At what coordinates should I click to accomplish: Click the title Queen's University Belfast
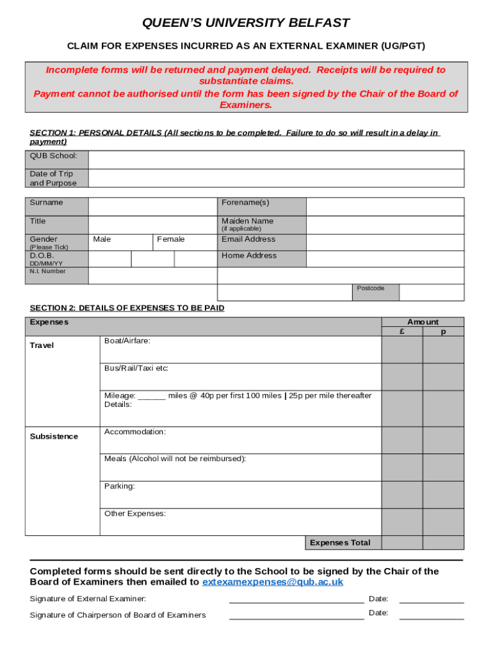coord(246,23)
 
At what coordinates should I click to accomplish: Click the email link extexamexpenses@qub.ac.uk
coord(273,582)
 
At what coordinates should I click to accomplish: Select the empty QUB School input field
coord(276,159)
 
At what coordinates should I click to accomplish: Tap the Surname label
coord(47,203)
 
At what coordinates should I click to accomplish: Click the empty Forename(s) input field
coord(385,207)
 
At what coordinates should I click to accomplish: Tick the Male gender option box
coord(120,241)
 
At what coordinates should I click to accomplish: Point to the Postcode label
coord(371,288)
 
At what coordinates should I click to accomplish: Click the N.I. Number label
coord(48,271)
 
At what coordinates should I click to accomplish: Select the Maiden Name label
coord(247,221)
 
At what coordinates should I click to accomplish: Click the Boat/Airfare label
coord(127,341)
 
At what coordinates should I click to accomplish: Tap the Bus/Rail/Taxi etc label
coord(136,368)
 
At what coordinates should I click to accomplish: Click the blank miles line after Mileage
coord(152,397)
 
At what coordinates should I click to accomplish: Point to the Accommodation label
coord(135,432)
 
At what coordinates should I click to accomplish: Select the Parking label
coord(120,486)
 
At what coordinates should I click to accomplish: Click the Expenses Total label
coord(340,543)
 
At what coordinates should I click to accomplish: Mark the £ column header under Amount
coord(401,331)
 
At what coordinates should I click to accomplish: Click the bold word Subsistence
coord(54,437)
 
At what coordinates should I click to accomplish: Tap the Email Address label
coord(248,239)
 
